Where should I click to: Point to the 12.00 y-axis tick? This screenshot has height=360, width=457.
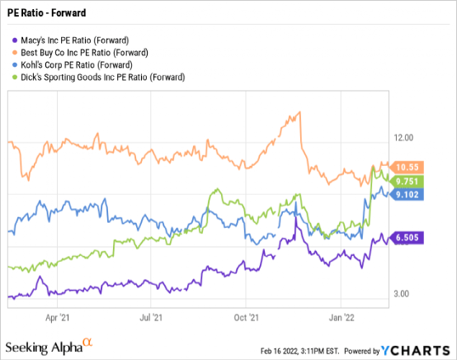[404, 137]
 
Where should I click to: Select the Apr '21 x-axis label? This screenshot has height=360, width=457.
[56, 316]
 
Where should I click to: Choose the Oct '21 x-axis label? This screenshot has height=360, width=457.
[247, 316]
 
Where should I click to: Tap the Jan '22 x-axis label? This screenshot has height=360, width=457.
[342, 316]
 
